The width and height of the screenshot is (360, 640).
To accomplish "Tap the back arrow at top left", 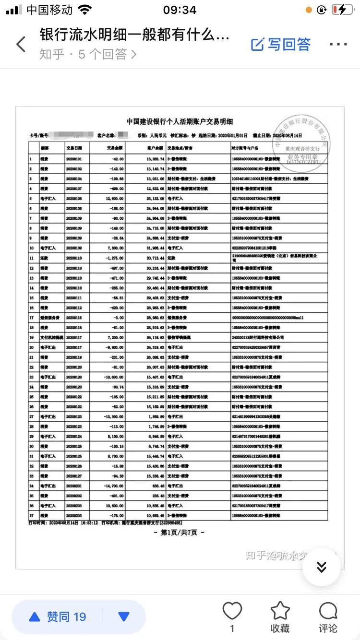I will pos(21,44).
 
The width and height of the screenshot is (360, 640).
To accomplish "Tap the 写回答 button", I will pos(281,45).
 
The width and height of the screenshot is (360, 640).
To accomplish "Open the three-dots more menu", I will pos(338,45).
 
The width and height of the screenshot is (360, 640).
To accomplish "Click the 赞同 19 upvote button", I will pos(58,617).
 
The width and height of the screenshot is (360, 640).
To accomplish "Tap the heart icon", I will pos(232,611).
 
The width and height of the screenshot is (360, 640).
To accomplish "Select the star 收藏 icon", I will pos(280,611).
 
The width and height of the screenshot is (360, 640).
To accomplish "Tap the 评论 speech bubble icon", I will pos(328,611).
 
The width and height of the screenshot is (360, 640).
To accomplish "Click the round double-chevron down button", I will pos(322,567).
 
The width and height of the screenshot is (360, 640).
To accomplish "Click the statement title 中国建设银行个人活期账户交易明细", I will pos(180,122).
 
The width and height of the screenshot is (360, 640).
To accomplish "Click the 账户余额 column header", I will pos(154,147).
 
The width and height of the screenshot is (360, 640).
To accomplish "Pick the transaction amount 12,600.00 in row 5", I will pos(113,198).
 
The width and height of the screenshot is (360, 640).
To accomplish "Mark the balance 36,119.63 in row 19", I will pos(154,337).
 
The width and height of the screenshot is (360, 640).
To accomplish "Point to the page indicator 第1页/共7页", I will pos(179,532).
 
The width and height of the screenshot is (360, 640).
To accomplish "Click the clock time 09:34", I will pos(180,10).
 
